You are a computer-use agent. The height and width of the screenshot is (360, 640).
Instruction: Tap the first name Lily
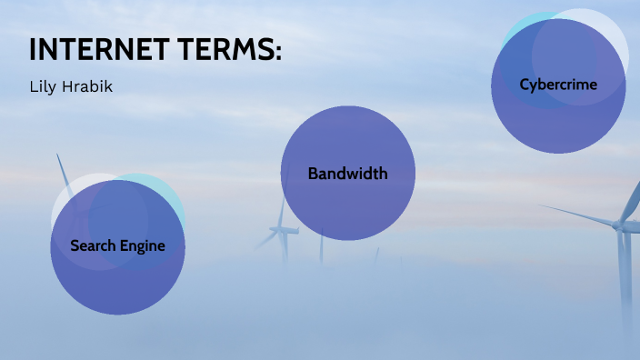pos(45,88)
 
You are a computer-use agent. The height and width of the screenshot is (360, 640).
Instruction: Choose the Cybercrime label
pos(558,85)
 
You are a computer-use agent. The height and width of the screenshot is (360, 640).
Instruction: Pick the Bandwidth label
pos(347,174)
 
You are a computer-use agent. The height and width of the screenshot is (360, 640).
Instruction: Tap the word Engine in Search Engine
pos(144,246)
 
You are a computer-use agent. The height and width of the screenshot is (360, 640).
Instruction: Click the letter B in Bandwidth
pos(313,174)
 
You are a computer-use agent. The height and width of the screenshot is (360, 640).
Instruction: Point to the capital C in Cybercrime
pos(525,85)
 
